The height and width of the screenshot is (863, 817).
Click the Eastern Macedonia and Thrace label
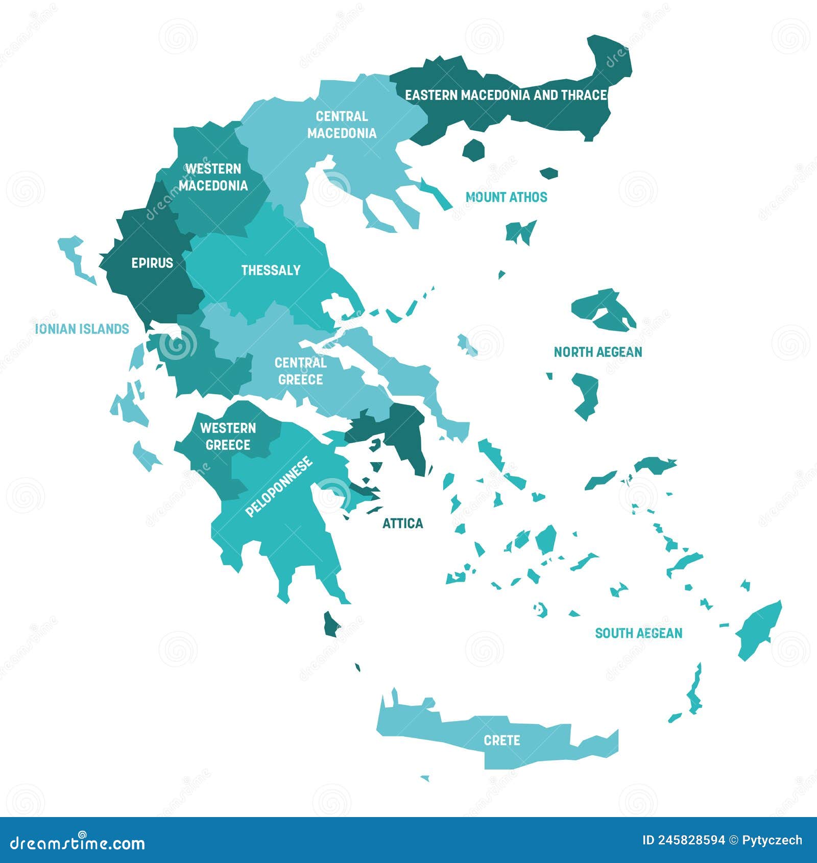click(x=506, y=95)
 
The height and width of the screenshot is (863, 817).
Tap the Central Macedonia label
click(x=342, y=125)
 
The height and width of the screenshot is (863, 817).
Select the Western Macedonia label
click(x=213, y=177)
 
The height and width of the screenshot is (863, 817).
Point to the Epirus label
click(x=152, y=263)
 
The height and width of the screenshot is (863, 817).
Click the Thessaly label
click(x=271, y=270)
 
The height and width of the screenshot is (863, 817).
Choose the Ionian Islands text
click(x=82, y=329)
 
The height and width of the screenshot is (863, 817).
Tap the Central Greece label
click(x=300, y=371)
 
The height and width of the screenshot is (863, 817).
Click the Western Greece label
click(x=228, y=436)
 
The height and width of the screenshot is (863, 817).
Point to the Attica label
click(x=402, y=523)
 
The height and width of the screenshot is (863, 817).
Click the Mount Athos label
click(x=506, y=197)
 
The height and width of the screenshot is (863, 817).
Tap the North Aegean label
click(x=598, y=352)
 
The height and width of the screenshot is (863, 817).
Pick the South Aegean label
click(x=638, y=633)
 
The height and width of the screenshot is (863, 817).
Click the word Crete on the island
click(x=501, y=740)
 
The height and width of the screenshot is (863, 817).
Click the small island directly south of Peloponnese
click(x=331, y=624)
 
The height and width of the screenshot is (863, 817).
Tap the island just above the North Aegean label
click(x=603, y=309)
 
